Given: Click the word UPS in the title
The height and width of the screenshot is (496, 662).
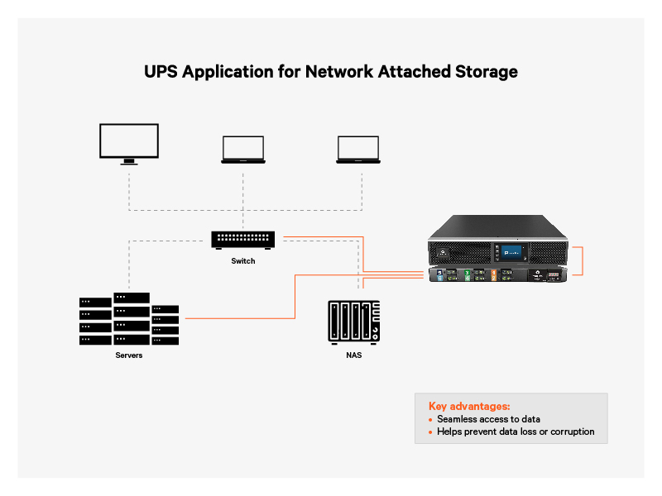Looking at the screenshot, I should [x=161, y=72].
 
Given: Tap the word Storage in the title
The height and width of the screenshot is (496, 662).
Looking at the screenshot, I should [x=483, y=72].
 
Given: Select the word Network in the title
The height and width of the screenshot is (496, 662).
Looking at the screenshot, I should [x=339, y=72].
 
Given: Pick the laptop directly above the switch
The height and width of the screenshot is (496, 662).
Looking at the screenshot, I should [x=242, y=150].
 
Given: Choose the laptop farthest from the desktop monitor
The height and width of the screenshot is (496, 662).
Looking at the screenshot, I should [x=357, y=150].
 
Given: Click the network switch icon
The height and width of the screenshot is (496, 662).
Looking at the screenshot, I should [x=242, y=240].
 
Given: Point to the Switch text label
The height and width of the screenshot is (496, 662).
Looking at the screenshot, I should [x=242, y=261].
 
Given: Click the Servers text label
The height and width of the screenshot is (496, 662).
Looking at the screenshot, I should [x=128, y=355].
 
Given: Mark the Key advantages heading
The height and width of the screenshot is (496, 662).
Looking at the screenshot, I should [x=469, y=406].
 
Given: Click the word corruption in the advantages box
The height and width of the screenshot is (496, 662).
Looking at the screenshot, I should [x=570, y=432].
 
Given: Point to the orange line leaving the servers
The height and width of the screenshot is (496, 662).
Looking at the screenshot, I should [x=240, y=317].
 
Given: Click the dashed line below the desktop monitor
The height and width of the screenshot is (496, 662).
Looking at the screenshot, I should [x=128, y=186].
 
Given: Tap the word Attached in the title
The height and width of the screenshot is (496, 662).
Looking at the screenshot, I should [x=412, y=72].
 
